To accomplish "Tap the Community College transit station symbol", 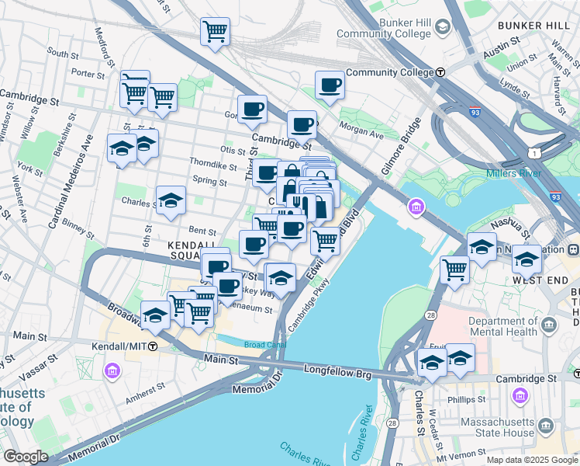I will tap(440, 72).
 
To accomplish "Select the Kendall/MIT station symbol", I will tap(154, 346).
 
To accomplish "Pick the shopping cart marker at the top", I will tap(215, 32).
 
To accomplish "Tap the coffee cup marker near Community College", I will tap(330, 85).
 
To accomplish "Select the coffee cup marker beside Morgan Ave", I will tap(302, 123).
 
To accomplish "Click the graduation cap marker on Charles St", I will tap(171, 201).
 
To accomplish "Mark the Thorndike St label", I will tap(213, 165).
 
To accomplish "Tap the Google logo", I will tap(26, 457).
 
